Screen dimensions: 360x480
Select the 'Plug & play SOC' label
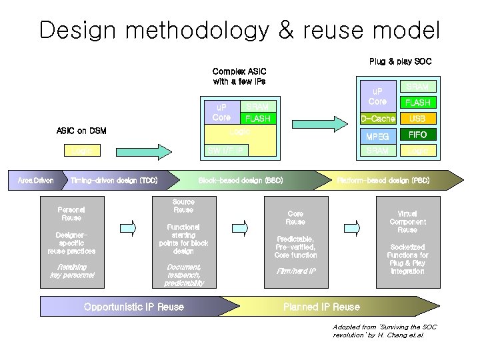(400, 61)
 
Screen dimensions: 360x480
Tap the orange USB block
(417, 119)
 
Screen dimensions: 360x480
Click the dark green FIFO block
(417, 135)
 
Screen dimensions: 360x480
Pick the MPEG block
(377, 136)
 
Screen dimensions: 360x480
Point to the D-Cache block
(377, 119)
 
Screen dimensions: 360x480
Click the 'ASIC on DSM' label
(81, 131)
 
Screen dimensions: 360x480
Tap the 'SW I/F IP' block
(226, 150)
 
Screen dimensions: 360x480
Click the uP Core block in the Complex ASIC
(221, 113)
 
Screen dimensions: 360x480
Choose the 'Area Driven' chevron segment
(35, 181)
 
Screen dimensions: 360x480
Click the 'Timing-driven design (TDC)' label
(114, 181)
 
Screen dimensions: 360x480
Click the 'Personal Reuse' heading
(71, 213)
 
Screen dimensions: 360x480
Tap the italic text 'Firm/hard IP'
(295, 271)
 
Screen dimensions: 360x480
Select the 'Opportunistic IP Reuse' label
(134, 307)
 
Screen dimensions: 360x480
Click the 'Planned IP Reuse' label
(321, 307)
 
